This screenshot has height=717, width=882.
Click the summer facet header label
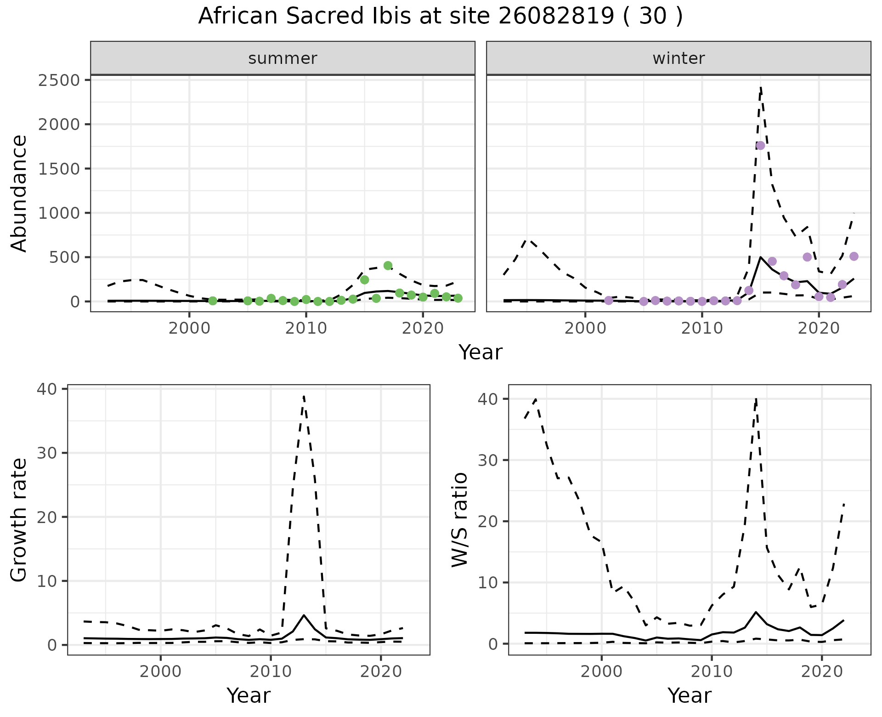pyautogui.click(x=283, y=58)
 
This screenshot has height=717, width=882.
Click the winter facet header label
pyautogui.click(x=678, y=58)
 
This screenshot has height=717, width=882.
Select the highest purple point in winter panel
pyautogui.click(x=760, y=145)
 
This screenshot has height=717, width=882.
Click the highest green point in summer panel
pyautogui.click(x=388, y=265)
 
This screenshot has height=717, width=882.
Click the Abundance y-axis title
pyautogui.click(x=19, y=193)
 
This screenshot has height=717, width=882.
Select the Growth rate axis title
pyautogui.click(x=19, y=520)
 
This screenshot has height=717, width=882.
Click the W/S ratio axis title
pyautogui.click(x=460, y=520)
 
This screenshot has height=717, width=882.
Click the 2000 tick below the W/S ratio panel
pyautogui.click(x=601, y=671)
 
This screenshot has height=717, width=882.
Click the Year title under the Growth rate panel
pyautogui.click(x=249, y=695)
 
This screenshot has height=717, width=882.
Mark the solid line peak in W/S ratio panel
pyautogui.click(x=756, y=612)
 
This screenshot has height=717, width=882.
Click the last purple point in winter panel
pyautogui.click(x=854, y=256)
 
